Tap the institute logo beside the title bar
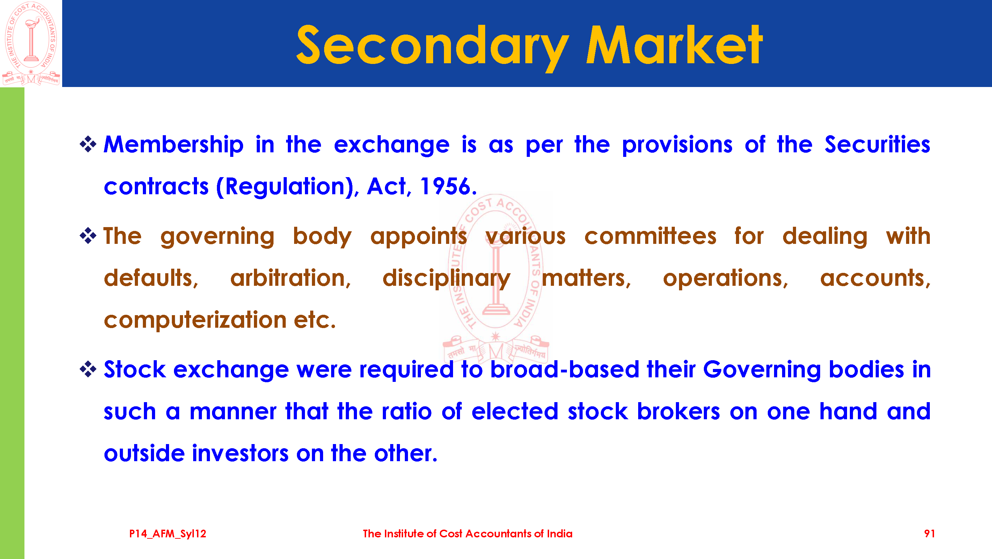point(31,43)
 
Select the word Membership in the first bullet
point(174,145)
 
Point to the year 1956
point(446,187)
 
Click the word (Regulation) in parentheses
point(285,187)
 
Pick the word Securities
point(877,145)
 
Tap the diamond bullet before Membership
point(88,145)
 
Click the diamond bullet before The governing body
point(88,236)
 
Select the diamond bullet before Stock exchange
point(88,369)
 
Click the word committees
point(650,236)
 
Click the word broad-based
point(564,369)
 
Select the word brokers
point(678,412)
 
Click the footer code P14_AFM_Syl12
point(168,533)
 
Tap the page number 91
point(929,533)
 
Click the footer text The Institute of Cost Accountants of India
point(467,533)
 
